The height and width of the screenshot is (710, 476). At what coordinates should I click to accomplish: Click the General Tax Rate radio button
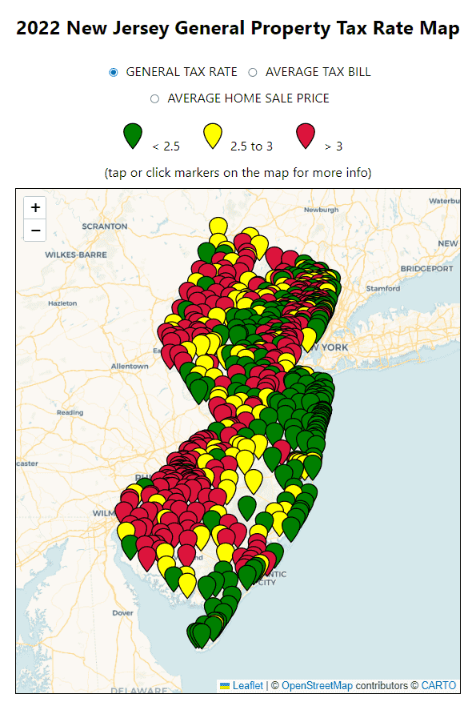pos(114,72)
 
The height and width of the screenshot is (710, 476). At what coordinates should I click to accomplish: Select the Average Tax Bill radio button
pos(253,72)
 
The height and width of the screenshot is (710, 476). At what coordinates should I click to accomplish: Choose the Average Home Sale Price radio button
pos(155,98)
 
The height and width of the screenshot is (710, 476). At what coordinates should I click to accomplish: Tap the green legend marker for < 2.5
pos(133,135)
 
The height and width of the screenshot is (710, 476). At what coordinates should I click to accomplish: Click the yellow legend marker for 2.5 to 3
pos(212,135)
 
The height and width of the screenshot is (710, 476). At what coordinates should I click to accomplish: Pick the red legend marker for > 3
pos(306,135)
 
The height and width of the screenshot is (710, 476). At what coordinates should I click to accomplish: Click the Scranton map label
pos(104,227)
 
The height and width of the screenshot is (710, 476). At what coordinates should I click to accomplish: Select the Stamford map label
pos(382,288)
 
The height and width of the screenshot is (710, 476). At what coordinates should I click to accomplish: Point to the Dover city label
pos(122,613)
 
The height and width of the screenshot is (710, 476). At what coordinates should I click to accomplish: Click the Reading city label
pos(70,412)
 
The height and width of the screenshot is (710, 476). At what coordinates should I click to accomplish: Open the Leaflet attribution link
pos(247,686)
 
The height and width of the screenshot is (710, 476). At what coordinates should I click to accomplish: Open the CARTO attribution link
pos(438,686)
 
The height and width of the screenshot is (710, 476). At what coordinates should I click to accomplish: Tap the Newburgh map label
pos(321,210)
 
